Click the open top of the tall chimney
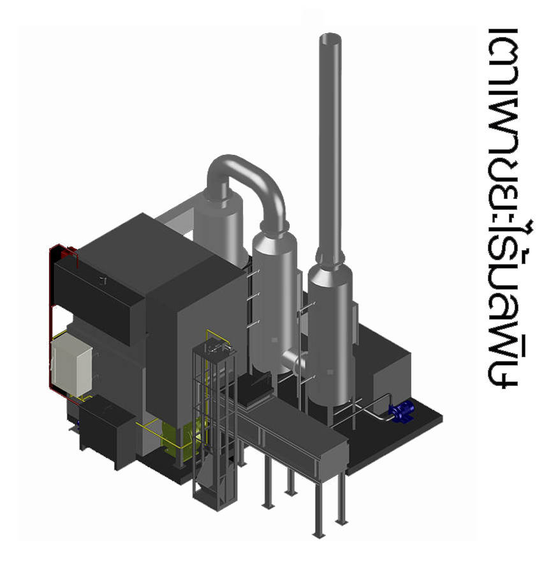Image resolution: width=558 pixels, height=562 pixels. click(330, 38)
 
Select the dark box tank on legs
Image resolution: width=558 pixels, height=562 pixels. click(106, 432)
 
